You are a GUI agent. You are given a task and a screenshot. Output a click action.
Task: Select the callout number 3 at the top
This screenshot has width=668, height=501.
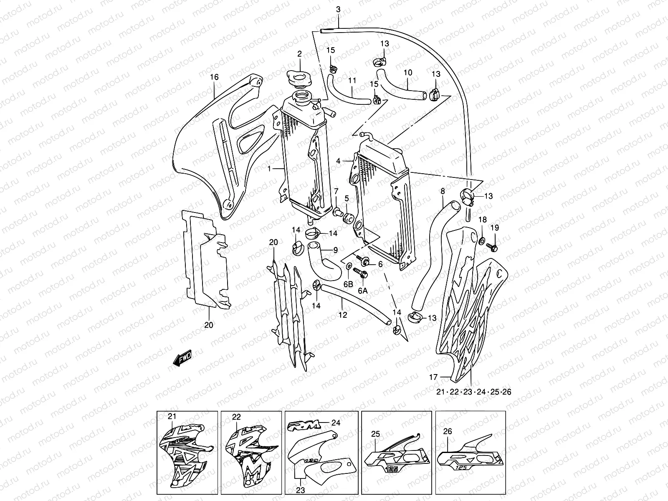338,9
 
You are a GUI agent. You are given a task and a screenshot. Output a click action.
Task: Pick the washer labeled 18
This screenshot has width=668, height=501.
482,240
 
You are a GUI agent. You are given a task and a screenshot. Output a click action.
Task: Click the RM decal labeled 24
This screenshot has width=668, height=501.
304,425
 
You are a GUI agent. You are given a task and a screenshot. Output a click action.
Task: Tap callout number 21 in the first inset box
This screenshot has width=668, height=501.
172,416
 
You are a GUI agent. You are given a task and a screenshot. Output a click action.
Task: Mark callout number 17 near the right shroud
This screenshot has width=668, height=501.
433,377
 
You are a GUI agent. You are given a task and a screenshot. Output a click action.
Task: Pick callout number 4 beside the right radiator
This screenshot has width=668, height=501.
339,161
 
